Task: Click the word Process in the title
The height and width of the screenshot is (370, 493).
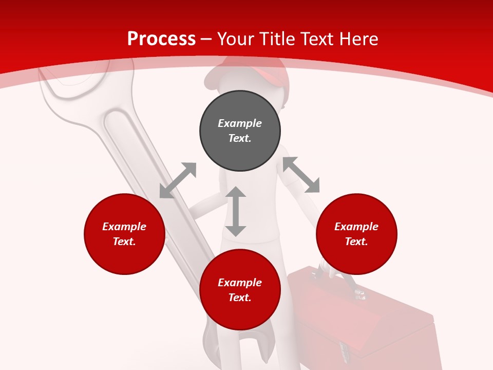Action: [x=161, y=39]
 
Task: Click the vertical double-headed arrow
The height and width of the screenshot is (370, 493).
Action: [x=236, y=211]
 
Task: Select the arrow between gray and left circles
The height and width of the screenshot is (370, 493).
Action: [x=178, y=180]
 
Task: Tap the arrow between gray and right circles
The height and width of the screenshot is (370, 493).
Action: [x=301, y=175]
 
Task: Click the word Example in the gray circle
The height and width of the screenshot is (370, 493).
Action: [x=240, y=123]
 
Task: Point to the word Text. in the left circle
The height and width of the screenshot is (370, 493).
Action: [x=124, y=242]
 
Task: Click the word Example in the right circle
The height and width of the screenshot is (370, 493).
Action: [x=356, y=227]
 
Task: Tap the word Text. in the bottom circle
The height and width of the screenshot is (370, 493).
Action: [x=240, y=298]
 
